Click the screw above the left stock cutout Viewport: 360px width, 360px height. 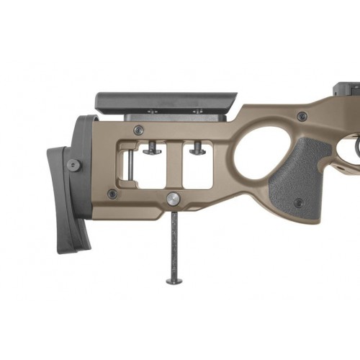point(139,130)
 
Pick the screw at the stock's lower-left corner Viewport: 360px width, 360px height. point(112,194)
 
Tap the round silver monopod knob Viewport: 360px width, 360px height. point(174,199)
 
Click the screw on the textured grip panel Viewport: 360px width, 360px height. point(298,202)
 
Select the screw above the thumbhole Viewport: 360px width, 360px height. point(302,116)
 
